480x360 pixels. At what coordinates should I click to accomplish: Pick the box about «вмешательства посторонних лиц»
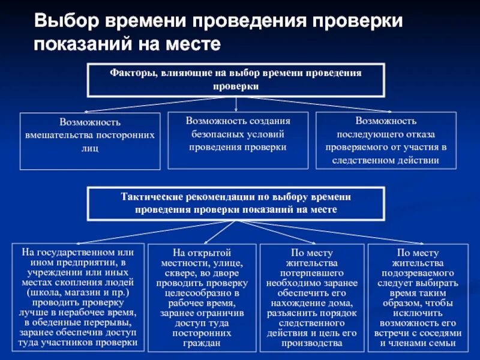tap(90, 140)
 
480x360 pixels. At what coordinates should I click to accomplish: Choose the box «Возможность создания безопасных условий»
tap(238, 139)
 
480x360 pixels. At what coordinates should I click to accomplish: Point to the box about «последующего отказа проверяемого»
tap(386, 140)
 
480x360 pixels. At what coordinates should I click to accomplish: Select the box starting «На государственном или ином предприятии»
tap(78, 297)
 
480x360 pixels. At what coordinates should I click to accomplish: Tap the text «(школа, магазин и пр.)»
tap(78, 292)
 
